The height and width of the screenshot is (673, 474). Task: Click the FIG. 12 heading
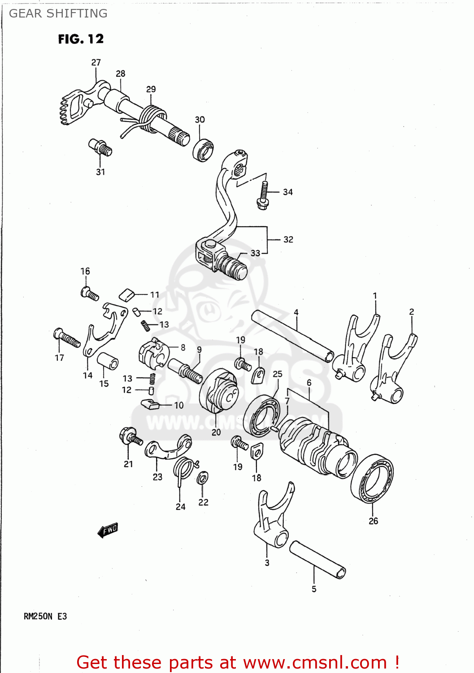pos(81,39)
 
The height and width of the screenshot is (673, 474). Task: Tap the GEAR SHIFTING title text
pos(58,13)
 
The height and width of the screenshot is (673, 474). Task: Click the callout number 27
pos(96,62)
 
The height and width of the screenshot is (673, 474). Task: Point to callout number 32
pos(288,240)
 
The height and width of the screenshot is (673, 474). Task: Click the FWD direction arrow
pos(108,530)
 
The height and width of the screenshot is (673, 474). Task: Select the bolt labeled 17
pos(67,338)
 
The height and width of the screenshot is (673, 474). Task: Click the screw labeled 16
pos(90,294)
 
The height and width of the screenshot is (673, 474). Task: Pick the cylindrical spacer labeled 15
pos(108,361)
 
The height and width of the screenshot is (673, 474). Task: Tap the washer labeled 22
pos(202,478)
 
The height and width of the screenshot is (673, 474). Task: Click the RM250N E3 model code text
pos(45,616)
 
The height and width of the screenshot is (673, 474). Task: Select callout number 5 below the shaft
pos(314,589)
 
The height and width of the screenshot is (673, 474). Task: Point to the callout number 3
pos(267,563)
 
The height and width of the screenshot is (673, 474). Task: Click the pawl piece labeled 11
pos(127,294)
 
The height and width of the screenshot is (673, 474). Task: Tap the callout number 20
pos(216,432)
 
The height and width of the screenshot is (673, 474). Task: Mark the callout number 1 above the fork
pos(375,296)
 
